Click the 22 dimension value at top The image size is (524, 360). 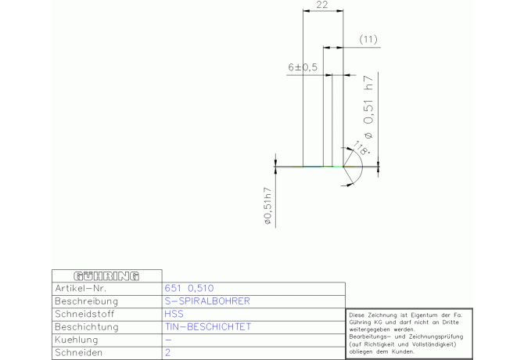(x=321, y=5)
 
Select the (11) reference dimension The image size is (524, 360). (x=368, y=39)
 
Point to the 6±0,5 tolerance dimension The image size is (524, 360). (x=303, y=67)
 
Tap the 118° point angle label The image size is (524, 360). (x=361, y=148)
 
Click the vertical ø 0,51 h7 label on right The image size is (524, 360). (x=368, y=107)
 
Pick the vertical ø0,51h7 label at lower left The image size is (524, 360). (x=268, y=206)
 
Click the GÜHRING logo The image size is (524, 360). (x=106, y=276)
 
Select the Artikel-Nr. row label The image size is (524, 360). (x=81, y=288)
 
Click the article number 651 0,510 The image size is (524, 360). (x=189, y=288)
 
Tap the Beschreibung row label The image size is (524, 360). (x=87, y=301)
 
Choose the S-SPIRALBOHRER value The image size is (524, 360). (x=207, y=301)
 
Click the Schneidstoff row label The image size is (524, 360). (x=84, y=314)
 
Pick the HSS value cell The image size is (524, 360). (x=174, y=314)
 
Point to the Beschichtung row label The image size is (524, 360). (x=87, y=326)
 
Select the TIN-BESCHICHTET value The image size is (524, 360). (x=208, y=326)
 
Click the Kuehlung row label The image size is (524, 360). (x=77, y=340)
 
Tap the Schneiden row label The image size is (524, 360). (x=78, y=352)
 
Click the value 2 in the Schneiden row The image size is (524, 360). (x=168, y=352)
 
